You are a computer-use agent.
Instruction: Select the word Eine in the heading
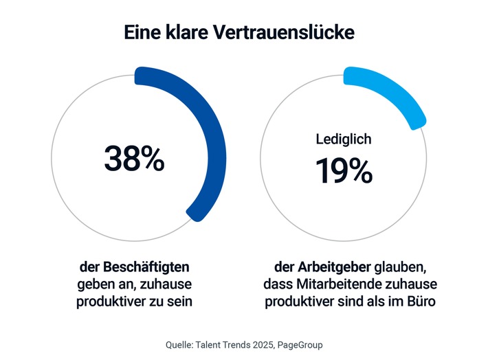point(144,32)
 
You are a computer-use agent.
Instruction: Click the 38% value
point(134,158)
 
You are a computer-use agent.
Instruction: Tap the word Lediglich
point(344,139)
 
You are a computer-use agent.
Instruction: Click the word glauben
point(394,267)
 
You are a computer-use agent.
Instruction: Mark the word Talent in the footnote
point(214,344)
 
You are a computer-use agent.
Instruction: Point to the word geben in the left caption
point(92,284)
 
